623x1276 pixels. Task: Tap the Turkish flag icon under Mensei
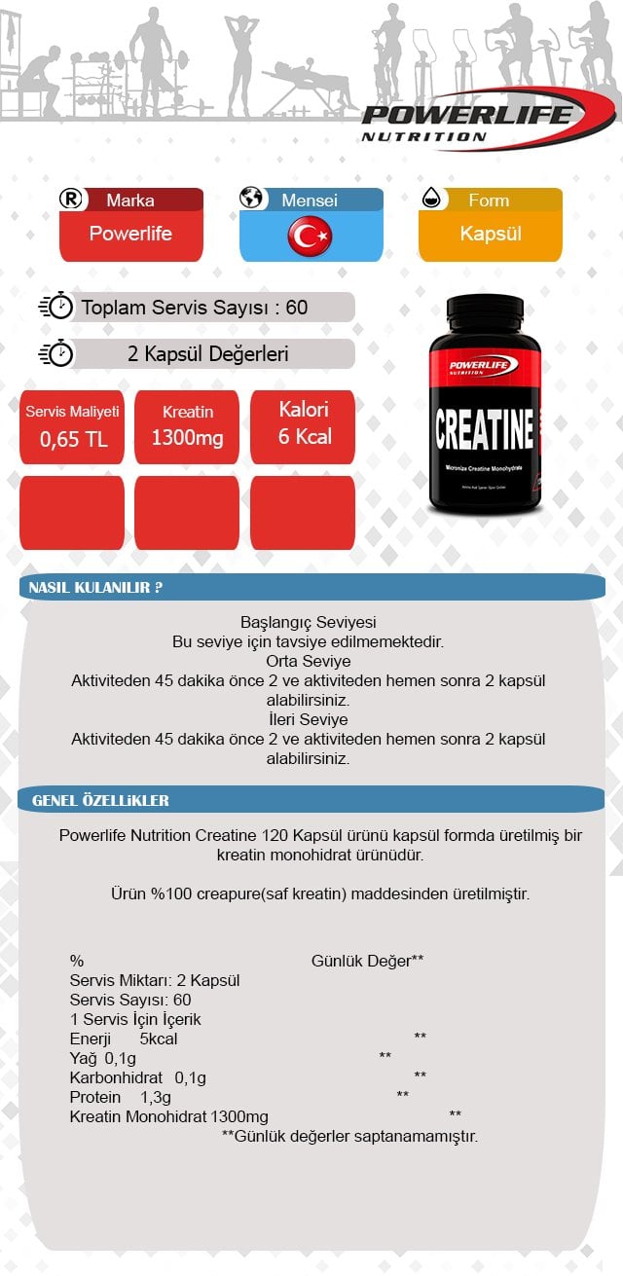(x=311, y=236)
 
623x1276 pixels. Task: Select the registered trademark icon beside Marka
(x=72, y=200)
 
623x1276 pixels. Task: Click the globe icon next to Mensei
(x=252, y=199)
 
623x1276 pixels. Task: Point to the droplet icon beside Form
(x=431, y=200)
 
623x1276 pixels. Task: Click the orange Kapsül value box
(x=491, y=235)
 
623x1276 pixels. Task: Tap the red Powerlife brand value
(x=130, y=234)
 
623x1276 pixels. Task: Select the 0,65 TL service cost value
(x=73, y=439)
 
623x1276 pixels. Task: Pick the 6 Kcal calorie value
(x=304, y=436)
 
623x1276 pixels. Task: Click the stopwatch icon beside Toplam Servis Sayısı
(x=55, y=307)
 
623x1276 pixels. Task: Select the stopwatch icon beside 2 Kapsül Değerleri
(x=55, y=353)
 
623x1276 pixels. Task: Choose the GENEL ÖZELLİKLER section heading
(x=100, y=801)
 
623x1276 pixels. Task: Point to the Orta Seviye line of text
(x=309, y=662)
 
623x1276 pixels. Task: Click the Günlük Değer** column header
(x=367, y=961)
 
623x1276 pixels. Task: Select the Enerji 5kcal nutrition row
(x=124, y=1039)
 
